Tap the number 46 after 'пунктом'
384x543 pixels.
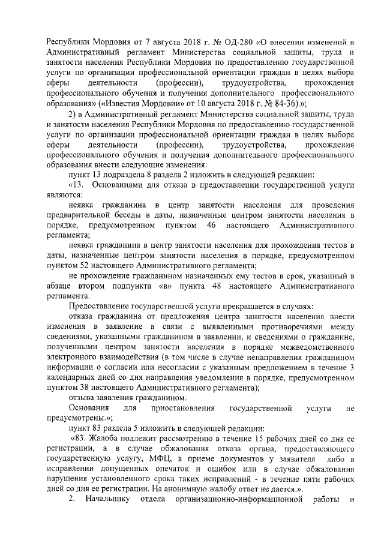(x=211, y=224)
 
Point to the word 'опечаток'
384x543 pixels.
(x=182, y=469)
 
